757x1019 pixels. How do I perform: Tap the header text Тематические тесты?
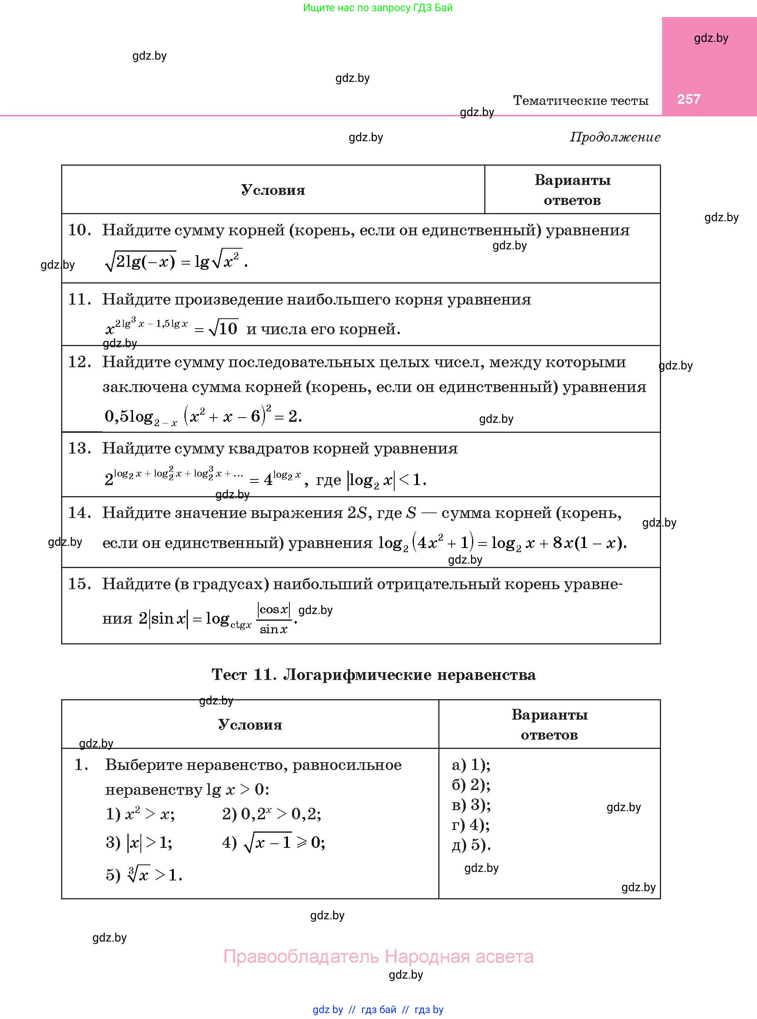point(580,100)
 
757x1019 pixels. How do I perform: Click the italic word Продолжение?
point(615,137)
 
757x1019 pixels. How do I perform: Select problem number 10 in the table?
point(79,230)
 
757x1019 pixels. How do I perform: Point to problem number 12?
point(79,362)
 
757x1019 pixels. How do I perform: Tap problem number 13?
point(79,448)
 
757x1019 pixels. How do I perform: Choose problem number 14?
point(79,513)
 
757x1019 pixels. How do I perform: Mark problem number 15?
point(79,584)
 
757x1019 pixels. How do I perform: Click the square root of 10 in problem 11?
point(223,329)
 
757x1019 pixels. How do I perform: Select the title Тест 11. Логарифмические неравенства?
point(373,674)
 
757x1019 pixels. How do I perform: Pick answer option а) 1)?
point(471,765)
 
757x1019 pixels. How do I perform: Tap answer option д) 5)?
point(471,845)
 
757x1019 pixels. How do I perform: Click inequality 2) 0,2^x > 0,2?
point(271,814)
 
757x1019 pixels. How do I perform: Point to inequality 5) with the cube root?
point(144,874)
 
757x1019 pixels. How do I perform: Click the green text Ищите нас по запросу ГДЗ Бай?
point(378,8)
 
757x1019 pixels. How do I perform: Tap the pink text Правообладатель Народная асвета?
point(378,957)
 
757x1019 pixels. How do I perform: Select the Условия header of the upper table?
point(273,190)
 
